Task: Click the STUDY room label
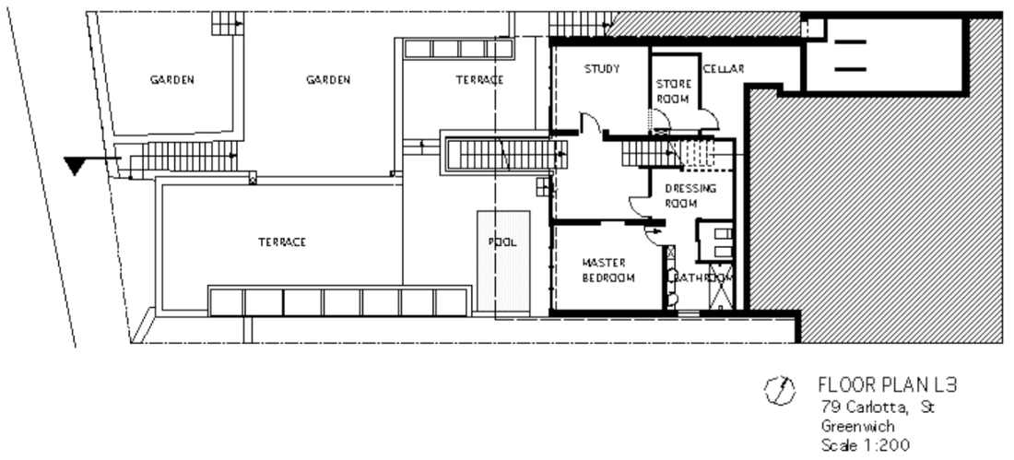pos(601,68)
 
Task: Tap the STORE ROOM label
pos(673,91)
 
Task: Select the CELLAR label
pos(724,68)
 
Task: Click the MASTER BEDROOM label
pos(607,270)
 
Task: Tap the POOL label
pos(502,242)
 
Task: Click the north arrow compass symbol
pos(779,390)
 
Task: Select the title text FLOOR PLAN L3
pos(887,385)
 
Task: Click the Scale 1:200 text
pos(866,445)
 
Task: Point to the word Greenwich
pos(857,427)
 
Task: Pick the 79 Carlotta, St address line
pos(877,407)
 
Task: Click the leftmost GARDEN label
pos(172,80)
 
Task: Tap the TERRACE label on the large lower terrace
pos(282,242)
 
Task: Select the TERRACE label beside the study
pos(479,80)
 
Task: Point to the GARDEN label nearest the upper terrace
pos(328,80)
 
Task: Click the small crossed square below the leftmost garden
pos(253,179)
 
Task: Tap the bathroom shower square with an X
pos(721,287)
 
